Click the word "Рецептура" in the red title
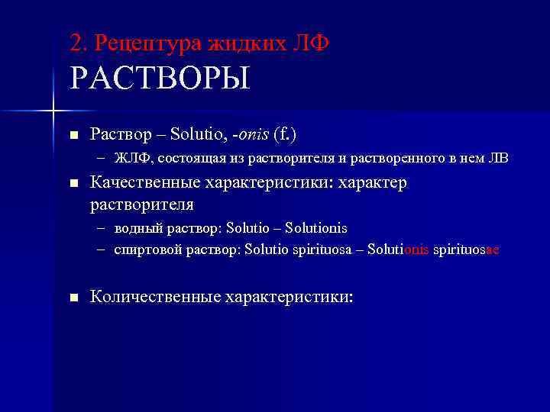pyautogui.click(x=148, y=43)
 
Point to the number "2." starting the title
pyautogui.click(x=79, y=43)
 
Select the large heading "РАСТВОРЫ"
pyautogui.click(x=160, y=79)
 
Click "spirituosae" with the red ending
pyautogui.click(x=466, y=249)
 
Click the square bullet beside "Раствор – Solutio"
pyautogui.click(x=73, y=136)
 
